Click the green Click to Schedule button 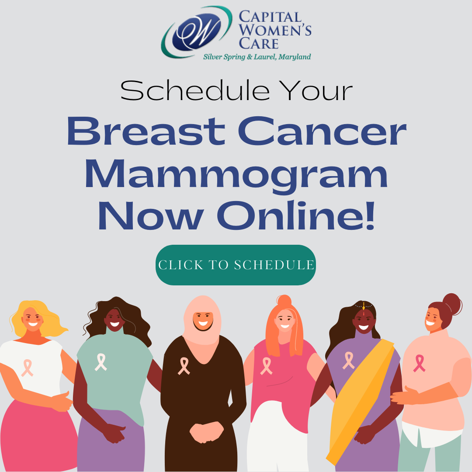tap(236, 265)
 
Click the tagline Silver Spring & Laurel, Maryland tap(257, 57)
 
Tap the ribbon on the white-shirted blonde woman tap(27, 367)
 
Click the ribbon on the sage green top tap(101, 362)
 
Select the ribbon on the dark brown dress tap(184, 366)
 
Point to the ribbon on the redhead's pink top tap(266, 366)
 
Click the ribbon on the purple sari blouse tap(348, 360)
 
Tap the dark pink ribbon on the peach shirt tap(419, 363)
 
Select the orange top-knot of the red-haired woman tap(284, 301)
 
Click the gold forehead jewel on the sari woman tap(363, 306)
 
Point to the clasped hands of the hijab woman tap(202, 430)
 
